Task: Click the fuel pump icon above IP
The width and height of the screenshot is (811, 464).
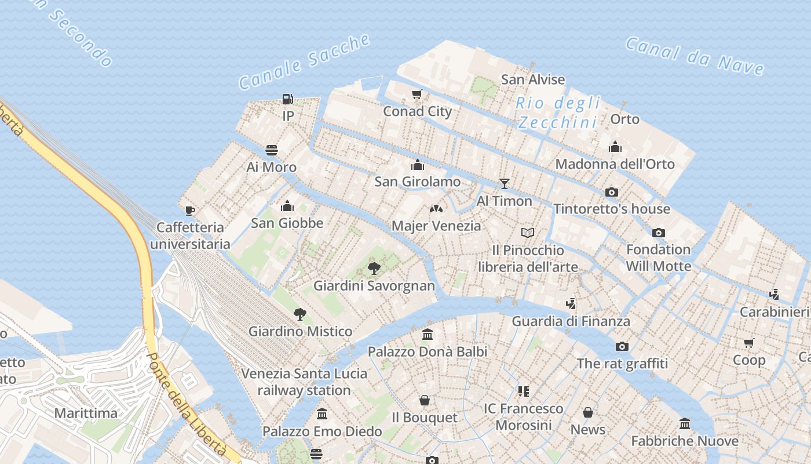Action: tap(287, 99)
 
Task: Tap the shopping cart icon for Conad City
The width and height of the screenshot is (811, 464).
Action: tap(417, 95)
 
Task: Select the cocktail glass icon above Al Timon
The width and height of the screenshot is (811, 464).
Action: tap(505, 184)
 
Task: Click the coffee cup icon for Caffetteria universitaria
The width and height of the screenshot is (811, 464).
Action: tap(189, 211)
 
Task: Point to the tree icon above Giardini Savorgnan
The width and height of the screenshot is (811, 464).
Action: tap(374, 268)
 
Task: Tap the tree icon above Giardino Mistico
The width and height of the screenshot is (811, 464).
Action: tap(299, 314)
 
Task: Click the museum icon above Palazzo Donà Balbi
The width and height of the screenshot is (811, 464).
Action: tap(428, 334)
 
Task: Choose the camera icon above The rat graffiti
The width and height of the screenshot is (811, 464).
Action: tap(622, 346)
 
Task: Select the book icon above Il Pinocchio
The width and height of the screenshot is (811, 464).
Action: tap(527, 233)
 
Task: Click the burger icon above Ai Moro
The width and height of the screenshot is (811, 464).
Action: tap(272, 150)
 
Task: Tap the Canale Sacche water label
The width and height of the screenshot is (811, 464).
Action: tap(305, 61)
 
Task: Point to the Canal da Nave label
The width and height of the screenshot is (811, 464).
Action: tap(695, 56)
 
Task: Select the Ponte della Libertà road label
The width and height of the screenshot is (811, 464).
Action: tap(187, 403)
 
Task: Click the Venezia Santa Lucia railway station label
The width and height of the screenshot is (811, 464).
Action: tap(304, 382)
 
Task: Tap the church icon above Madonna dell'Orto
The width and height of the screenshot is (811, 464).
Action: tap(615, 147)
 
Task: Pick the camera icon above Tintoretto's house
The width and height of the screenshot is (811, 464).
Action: tap(611, 192)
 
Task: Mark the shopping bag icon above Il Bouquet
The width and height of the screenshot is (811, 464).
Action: tap(425, 400)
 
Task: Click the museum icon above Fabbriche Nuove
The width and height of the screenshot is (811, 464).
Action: tap(685, 424)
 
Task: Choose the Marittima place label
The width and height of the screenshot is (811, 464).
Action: tap(86, 413)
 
